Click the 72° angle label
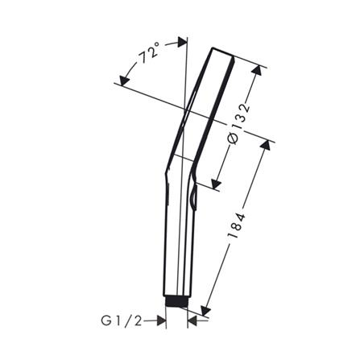click(148, 58)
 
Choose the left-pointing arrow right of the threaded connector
click(194, 321)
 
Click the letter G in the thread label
click(106, 321)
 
